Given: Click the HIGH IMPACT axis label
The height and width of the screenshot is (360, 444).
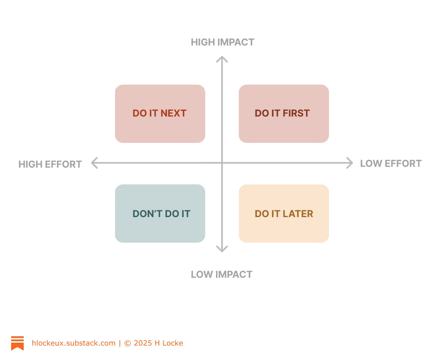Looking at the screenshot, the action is click(x=222, y=42).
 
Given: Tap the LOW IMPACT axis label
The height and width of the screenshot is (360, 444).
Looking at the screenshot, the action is click(x=222, y=275).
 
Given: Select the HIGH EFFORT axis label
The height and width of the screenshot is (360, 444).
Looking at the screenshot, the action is click(x=50, y=164).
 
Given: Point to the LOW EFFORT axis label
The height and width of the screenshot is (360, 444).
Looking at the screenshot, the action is click(x=390, y=164).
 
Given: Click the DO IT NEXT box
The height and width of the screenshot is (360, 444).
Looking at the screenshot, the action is click(x=160, y=113).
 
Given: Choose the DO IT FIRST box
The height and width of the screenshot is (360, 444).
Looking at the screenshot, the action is click(x=283, y=113).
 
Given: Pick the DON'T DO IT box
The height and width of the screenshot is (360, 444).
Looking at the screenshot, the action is click(x=160, y=214).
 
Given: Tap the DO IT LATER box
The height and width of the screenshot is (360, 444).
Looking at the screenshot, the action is click(x=283, y=214).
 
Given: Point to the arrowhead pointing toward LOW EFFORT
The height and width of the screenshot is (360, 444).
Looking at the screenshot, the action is click(x=350, y=163).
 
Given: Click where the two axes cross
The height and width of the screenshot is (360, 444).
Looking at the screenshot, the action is click(x=222, y=163).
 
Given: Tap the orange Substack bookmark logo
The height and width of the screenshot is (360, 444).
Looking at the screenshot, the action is click(x=17, y=343).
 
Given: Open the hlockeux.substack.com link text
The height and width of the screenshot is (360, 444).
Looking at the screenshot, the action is click(x=73, y=343).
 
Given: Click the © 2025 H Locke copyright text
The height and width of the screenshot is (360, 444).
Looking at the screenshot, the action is click(x=154, y=343).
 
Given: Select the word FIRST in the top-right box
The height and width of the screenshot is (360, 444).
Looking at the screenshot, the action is click(x=296, y=113).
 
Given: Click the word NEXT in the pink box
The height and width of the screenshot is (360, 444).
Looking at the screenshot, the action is click(x=173, y=113).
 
